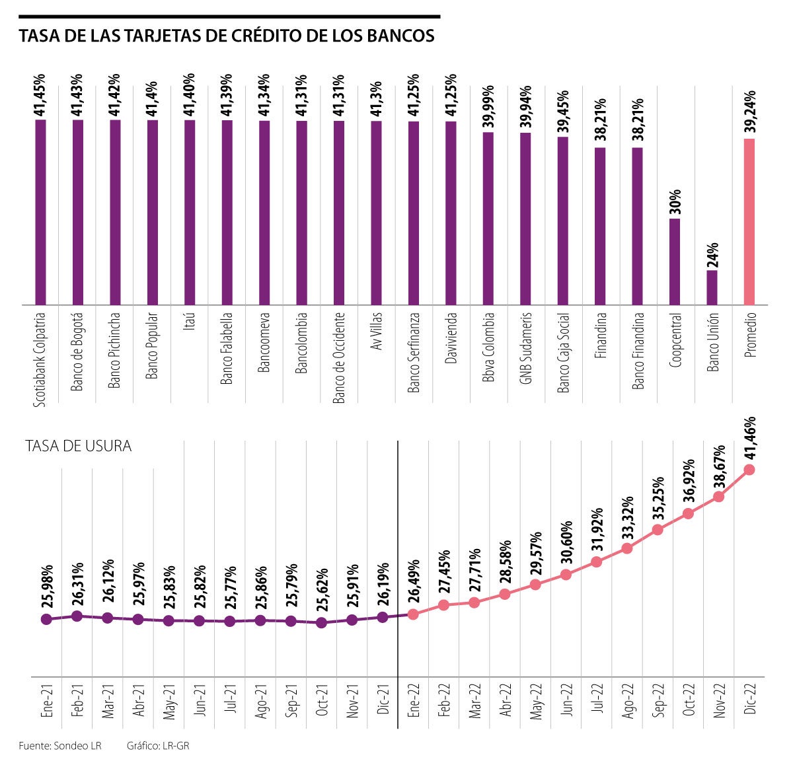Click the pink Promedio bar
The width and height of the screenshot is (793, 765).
point(749,221)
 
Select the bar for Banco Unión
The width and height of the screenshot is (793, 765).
point(712,287)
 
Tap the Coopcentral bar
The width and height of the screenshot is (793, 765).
point(675,262)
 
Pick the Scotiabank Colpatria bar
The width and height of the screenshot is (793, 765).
point(40,211)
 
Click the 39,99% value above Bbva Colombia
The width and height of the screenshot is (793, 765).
point(488,106)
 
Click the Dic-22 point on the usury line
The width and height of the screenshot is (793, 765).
point(749,470)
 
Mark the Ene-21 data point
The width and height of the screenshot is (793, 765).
point(46,619)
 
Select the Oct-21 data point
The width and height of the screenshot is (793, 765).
point(321,622)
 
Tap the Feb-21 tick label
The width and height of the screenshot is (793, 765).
point(77,701)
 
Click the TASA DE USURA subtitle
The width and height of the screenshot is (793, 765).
point(79,447)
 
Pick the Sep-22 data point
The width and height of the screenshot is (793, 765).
point(658,529)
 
